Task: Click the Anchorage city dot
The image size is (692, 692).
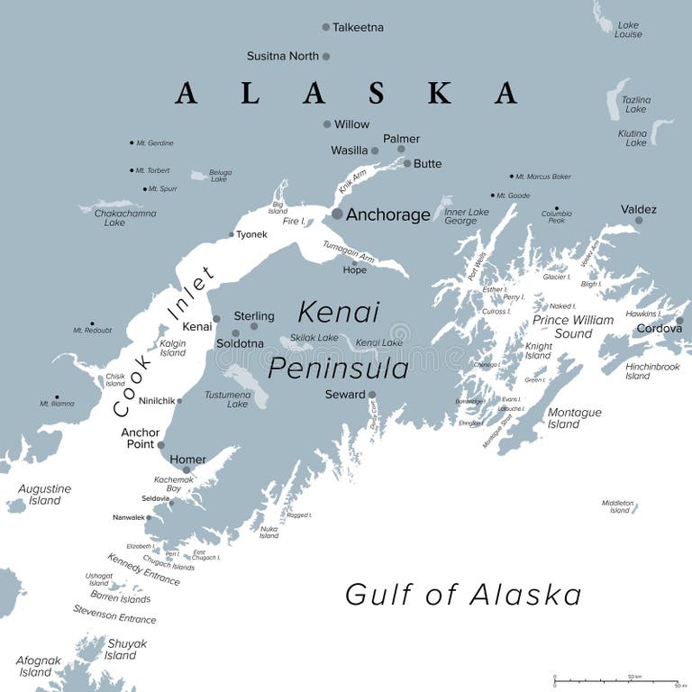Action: tap(337, 214)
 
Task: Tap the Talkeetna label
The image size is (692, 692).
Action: tap(358, 28)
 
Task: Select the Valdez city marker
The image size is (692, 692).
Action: tap(639, 220)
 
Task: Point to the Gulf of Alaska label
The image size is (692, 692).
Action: tap(463, 595)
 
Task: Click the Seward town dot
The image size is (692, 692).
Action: tap(372, 395)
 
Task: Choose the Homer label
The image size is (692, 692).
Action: tap(187, 460)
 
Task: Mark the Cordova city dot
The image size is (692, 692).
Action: tap(679, 320)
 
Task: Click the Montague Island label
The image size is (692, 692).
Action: tap(574, 418)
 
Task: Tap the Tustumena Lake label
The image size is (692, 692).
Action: tap(237, 398)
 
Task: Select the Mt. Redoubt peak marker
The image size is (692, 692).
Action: tap(91, 323)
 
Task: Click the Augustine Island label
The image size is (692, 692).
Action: tap(44, 495)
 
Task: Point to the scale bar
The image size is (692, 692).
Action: tap(615, 681)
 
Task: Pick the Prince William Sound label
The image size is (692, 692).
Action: tap(573, 326)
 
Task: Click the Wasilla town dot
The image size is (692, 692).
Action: tap(375, 150)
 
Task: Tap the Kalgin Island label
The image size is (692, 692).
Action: tap(172, 348)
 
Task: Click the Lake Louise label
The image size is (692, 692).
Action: tap(629, 30)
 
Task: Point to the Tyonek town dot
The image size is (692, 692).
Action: tap(232, 234)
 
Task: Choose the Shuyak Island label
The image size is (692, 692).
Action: tap(126, 650)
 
